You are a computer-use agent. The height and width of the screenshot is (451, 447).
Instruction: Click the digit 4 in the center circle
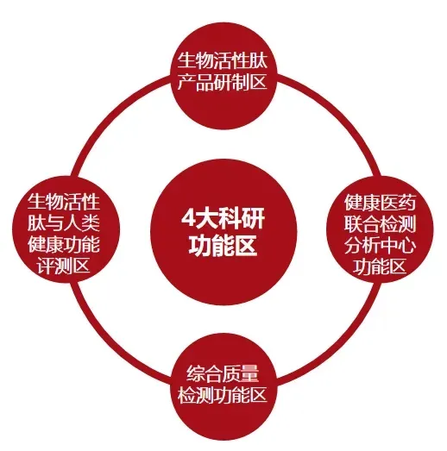coord(188,218)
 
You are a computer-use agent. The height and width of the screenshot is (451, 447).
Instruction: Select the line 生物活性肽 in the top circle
coord(222,60)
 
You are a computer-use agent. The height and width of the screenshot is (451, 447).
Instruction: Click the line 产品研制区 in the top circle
coord(222,82)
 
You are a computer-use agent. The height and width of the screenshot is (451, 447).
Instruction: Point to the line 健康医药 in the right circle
coord(380,203)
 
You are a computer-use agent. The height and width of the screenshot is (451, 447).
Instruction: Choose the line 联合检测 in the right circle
coord(380,224)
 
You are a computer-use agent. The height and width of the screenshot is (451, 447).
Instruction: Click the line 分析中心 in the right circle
coord(380,246)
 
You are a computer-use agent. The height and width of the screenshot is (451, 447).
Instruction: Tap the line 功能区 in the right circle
coord(380,267)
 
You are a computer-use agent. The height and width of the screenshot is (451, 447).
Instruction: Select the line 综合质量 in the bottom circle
coord(223,374)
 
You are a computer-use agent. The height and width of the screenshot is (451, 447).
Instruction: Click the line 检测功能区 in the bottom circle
coord(222,396)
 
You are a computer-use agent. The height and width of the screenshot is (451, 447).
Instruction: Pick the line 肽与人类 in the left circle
coord(64,222)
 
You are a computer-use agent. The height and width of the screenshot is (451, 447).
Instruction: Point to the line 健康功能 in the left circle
coord(64,245)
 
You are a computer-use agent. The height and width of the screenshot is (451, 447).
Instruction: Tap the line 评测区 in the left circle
coord(64,266)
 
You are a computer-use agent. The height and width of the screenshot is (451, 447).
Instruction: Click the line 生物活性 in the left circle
coord(64,202)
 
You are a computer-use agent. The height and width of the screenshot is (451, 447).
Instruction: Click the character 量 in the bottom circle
coord(250,374)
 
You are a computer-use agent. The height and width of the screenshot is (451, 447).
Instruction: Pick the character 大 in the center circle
coord(206,218)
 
